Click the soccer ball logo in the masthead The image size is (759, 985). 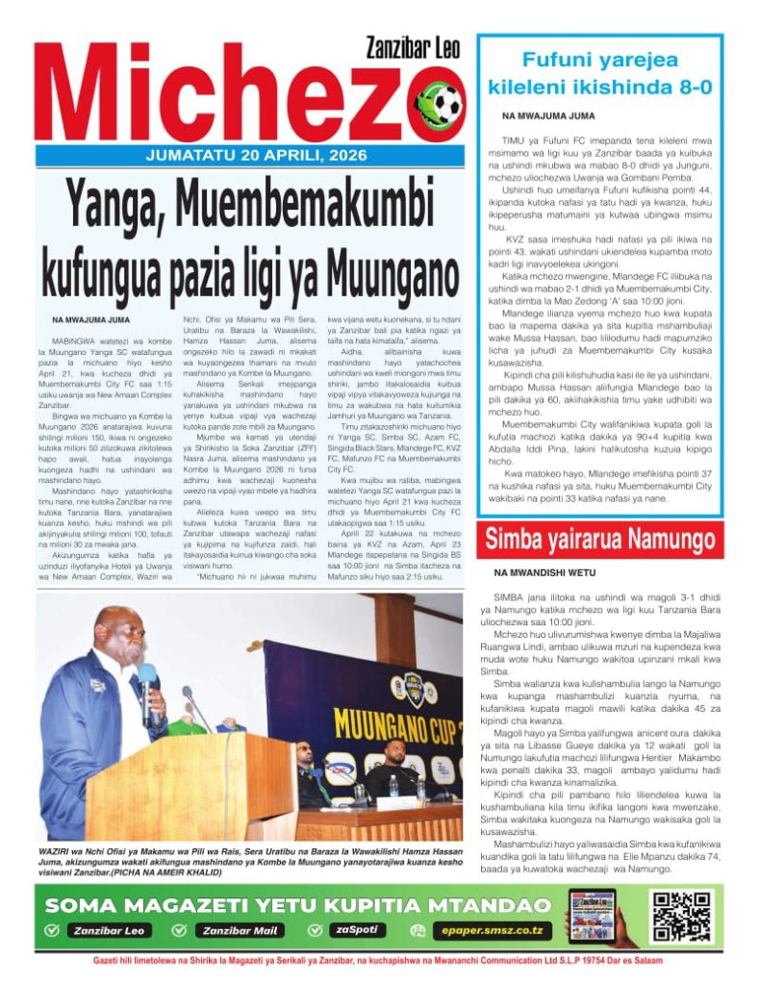[438, 103]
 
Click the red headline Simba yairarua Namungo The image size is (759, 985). [602, 538]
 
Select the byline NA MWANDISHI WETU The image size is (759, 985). [544, 572]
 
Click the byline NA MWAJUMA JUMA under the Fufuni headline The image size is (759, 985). [547, 115]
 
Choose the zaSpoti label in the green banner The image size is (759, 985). [358, 930]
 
